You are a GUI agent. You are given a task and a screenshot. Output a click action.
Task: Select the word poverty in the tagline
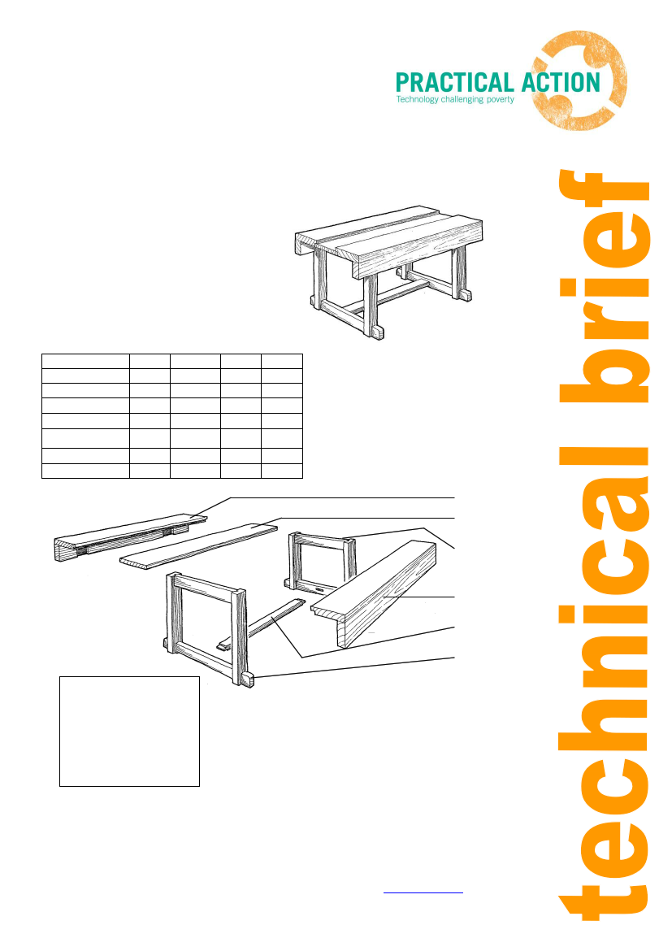click(x=501, y=99)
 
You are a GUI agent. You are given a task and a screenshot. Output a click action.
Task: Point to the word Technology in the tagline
click(x=418, y=99)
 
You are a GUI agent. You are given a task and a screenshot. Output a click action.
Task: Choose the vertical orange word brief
click(x=604, y=286)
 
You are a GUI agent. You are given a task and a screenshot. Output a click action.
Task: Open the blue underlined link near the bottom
click(x=423, y=892)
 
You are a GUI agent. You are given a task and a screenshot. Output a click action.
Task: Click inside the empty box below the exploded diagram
click(x=129, y=732)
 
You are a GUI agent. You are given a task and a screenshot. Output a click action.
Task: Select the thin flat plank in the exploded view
click(x=198, y=546)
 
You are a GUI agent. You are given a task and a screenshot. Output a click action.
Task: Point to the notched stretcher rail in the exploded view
click(x=261, y=625)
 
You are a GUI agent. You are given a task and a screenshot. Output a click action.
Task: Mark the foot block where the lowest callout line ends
click(x=247, y=680)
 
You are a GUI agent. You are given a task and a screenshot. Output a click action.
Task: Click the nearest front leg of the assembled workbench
click(x=371, y=306)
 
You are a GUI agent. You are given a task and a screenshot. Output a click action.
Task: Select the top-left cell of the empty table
click(x=85, y=362)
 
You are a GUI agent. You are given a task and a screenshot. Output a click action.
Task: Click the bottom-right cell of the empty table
click(x=282, y=471)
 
